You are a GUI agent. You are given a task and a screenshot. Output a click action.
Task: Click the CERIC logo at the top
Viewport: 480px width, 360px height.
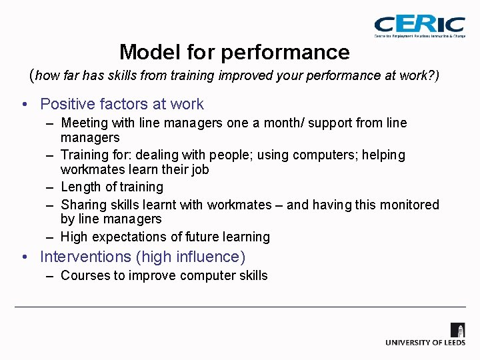[419, 26]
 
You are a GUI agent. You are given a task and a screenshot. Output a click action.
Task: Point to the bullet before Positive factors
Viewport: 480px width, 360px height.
[23, 105]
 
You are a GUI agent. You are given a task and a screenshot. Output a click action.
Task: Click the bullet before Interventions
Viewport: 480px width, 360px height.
[23, 257]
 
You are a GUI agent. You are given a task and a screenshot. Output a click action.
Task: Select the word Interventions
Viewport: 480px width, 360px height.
[86, 257]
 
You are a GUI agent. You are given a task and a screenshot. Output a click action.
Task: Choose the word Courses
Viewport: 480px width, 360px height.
[84, 275]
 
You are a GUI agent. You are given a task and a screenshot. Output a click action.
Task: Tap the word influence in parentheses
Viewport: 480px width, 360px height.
[212, 257]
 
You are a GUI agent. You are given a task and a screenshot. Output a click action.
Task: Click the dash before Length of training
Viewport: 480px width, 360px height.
[51, 187]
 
